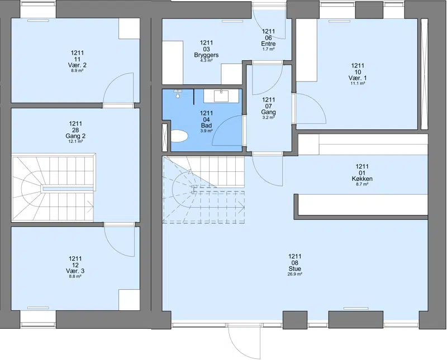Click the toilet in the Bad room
coord(179,136)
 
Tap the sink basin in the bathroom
coord(221,96)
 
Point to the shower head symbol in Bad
coord(178,94)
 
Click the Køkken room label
coord(362,179)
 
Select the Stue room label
coord(295,268)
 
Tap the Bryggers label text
coord(206,55)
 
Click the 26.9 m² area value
coord(295,274)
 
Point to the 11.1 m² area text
coord(358,83)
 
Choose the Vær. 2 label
coord(77,65)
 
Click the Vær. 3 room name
coord(75,271)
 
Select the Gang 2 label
coord(75,136)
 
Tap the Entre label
coord(268,44)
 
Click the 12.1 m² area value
coord(75,141)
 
